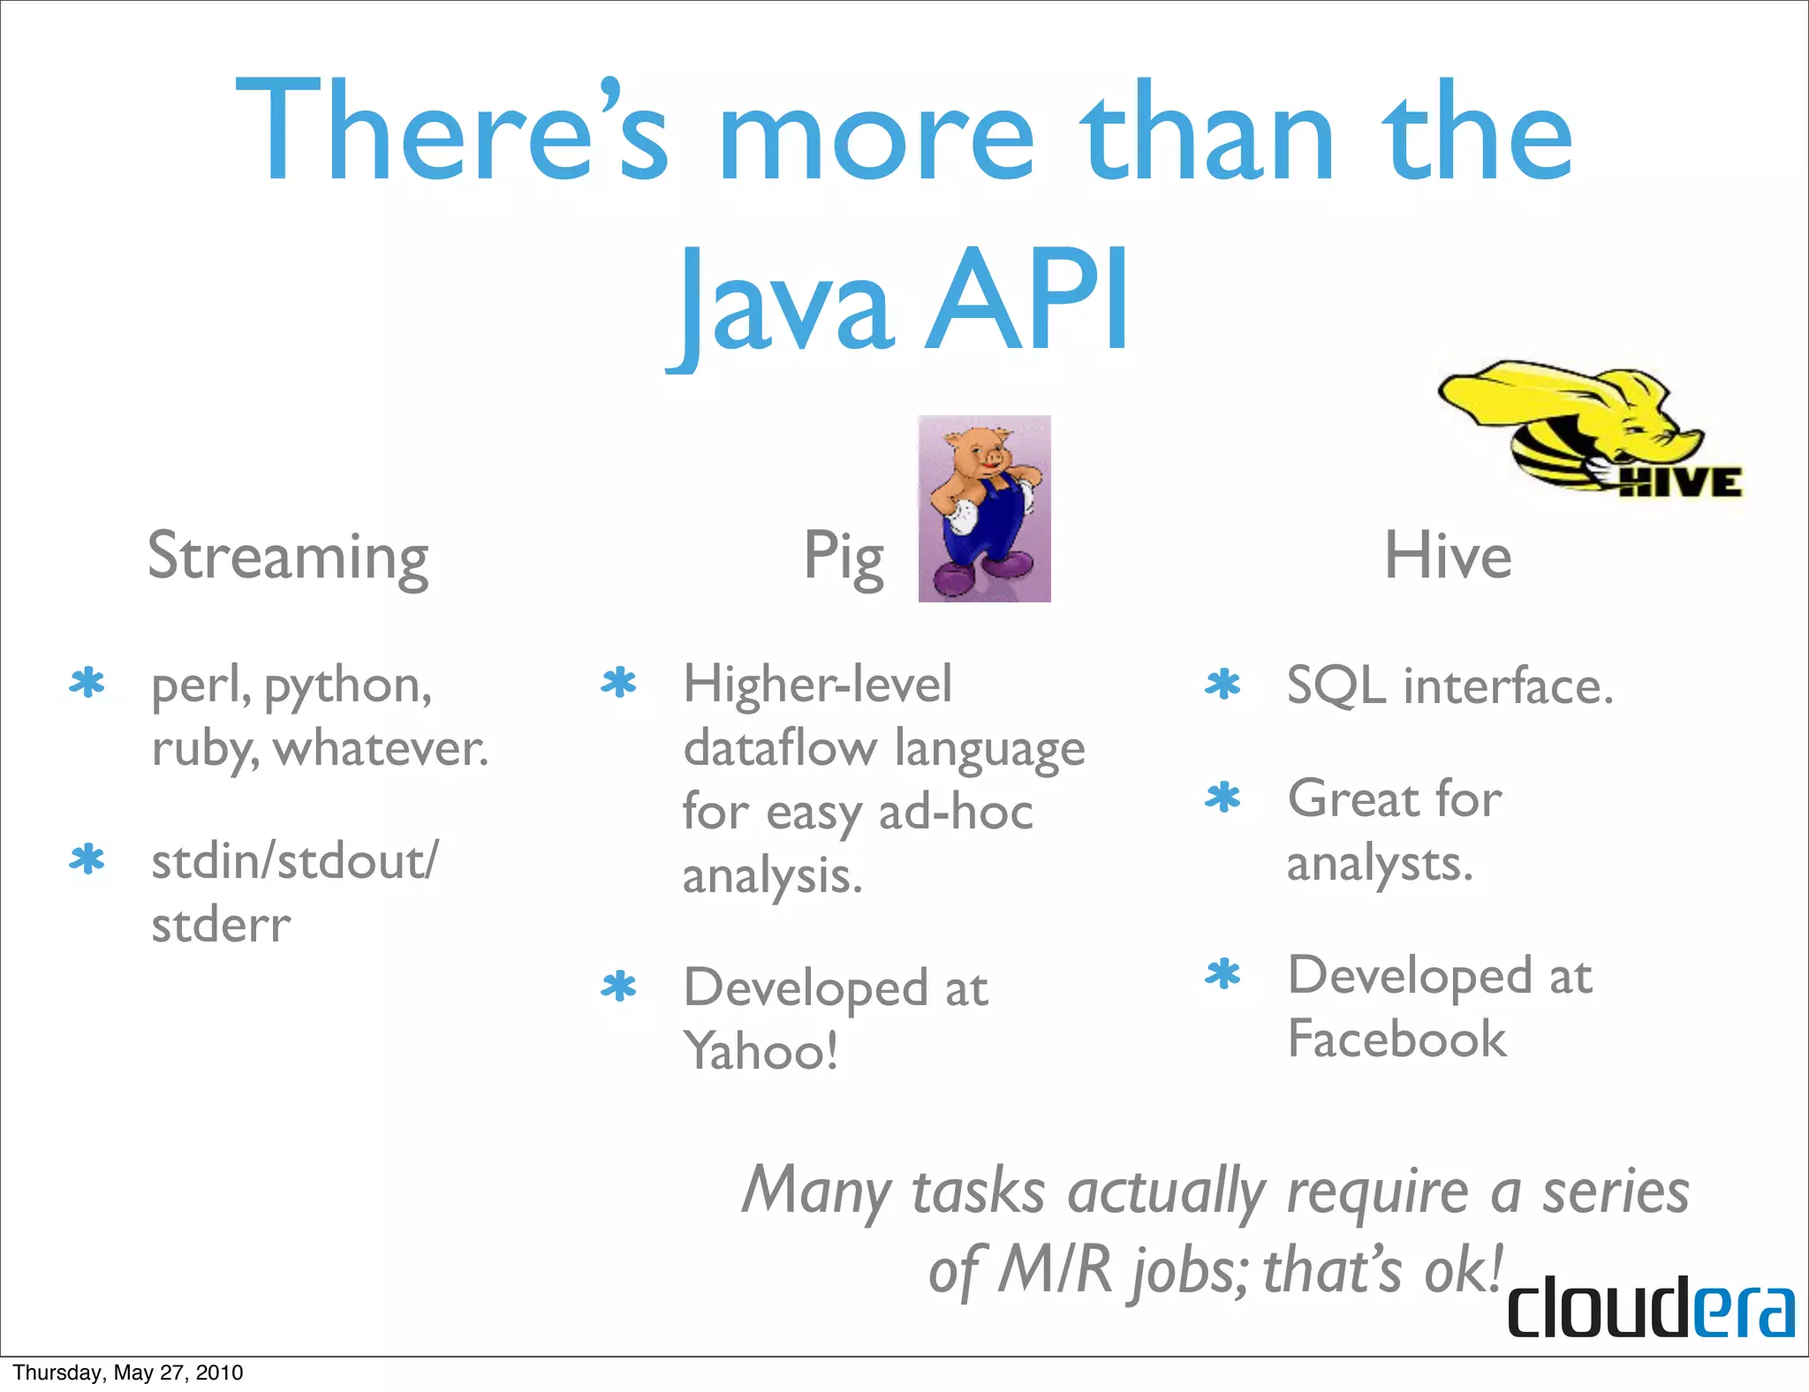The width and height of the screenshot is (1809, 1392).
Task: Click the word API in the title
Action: click(x=1027, y=300)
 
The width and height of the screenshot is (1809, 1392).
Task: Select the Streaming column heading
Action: click(x=288, y=556)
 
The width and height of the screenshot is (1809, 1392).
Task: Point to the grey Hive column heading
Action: click(x=1447, y=556)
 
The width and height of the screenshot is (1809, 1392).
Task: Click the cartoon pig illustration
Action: click(x=984, y=509)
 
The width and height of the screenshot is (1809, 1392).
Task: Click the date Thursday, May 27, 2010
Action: click(x=128, y=1373)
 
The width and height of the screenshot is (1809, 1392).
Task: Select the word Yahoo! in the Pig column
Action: click(x=761, y=1051)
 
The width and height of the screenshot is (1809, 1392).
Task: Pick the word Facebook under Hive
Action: click(x=1396, y=1038)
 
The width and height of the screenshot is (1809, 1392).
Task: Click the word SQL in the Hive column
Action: click(x=1336, y=685)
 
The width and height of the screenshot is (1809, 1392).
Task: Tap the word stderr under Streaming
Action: click(x=221, y=926)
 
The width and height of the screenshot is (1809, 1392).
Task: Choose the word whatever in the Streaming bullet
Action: click(x=380, y=749)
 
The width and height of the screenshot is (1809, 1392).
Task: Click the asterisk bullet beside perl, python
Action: click(x=87, y=684)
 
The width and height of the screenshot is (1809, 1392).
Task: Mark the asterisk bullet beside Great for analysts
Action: click(x=1222, y=798)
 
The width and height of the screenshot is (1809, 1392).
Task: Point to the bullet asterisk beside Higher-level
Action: click(x=618, y=684)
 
